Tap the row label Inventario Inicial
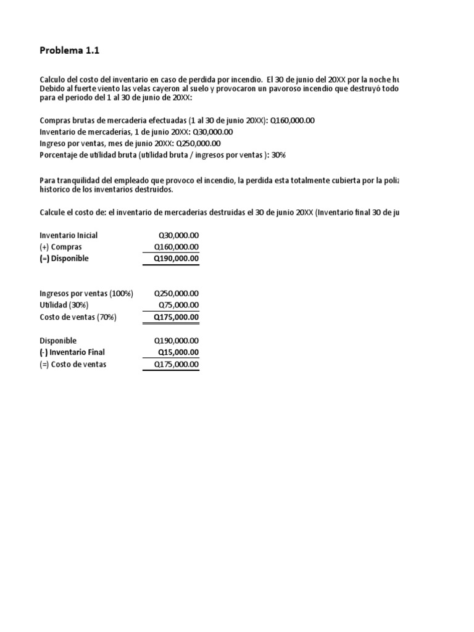pos(69,235)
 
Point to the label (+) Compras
pos(60,247)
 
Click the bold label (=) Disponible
pos(64,259)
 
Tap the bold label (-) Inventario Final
pos(72,352)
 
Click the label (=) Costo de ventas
pos(73,364)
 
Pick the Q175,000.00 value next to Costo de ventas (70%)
pos(176,317)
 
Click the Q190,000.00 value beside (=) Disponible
pos(176,259)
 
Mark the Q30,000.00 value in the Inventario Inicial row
pos(178,235)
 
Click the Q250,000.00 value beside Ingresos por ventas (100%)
pos(176,293)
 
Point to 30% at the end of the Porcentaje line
pos(278,155)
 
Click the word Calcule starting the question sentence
pos(53,213)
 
